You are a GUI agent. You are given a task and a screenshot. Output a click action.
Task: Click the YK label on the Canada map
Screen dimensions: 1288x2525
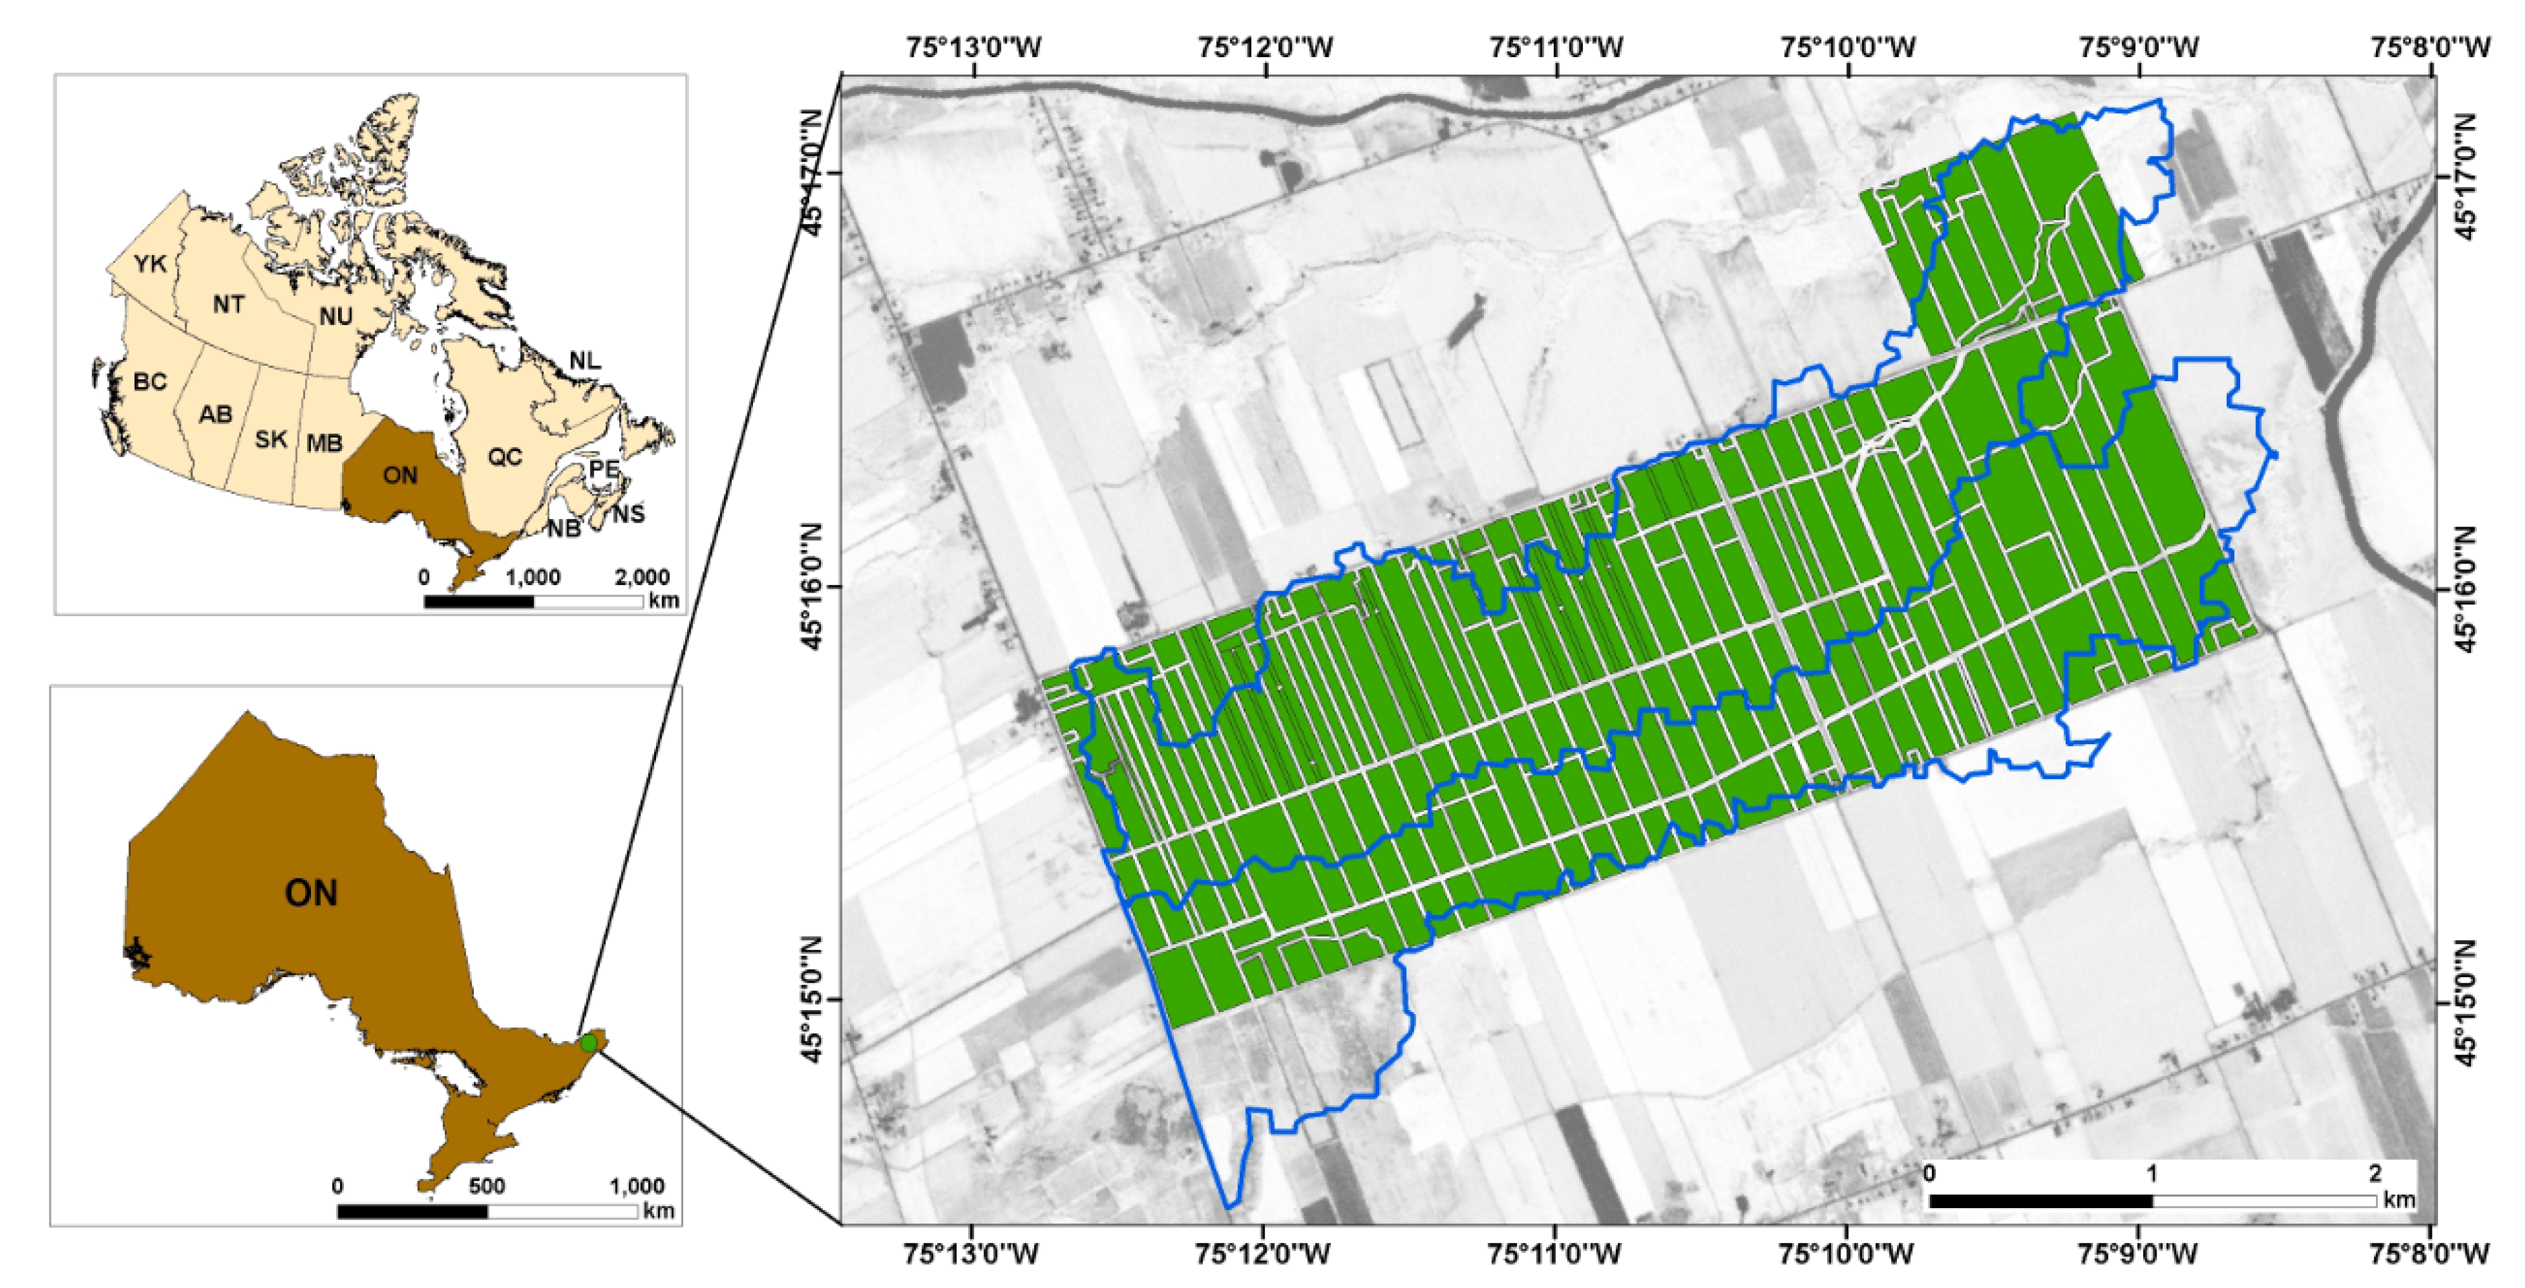[x=150, y=264]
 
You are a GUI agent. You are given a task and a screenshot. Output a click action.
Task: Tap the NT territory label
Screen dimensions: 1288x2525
[x=228, y=305]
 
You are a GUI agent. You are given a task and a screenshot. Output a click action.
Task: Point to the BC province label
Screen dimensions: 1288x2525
[x=150, y=381]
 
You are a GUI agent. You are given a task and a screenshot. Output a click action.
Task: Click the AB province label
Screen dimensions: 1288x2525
[x=216, y=414]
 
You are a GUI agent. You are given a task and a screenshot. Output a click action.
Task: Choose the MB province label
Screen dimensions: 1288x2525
[x=324, y=443]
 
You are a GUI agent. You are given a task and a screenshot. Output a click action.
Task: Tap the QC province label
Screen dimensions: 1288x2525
[x=505, y=457]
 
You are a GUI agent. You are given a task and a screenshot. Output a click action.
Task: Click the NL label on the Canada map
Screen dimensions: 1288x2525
[x=585, y=362]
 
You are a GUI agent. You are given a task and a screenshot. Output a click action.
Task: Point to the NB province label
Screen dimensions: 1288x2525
[x=563, y=529]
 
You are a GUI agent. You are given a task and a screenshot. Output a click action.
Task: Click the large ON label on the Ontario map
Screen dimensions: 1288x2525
[x=311, y=893]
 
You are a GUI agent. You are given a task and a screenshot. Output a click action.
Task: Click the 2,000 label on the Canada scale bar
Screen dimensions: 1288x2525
[x=642, y=577]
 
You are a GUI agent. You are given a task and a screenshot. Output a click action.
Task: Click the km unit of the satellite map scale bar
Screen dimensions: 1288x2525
[x=2399, y=1200]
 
